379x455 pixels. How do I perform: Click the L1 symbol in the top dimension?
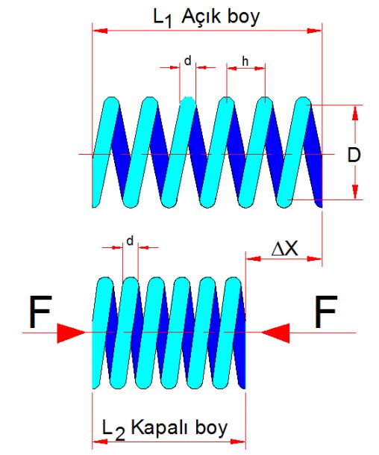tap(163, 19)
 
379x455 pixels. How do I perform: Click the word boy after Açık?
tap(243, 18)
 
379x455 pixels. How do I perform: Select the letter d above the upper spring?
tap(188, 61)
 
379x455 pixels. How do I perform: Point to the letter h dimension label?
tap(245, 61)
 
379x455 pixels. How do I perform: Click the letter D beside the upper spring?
tap(354, 155)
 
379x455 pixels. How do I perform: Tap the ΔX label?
tap(285, 249)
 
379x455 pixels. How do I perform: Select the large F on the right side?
tap(326, 312)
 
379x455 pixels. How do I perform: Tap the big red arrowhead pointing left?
tap(275, 332)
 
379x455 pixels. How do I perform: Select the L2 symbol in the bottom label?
tap(113, 430)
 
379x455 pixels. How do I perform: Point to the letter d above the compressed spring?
tap(130, 241)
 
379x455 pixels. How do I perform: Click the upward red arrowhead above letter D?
tap(355, 113)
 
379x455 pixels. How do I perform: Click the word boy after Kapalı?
tap(211, 429)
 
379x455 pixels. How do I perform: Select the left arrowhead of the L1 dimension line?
tap(100, 31)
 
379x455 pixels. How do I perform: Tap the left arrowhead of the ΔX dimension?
tap(253, 259)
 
